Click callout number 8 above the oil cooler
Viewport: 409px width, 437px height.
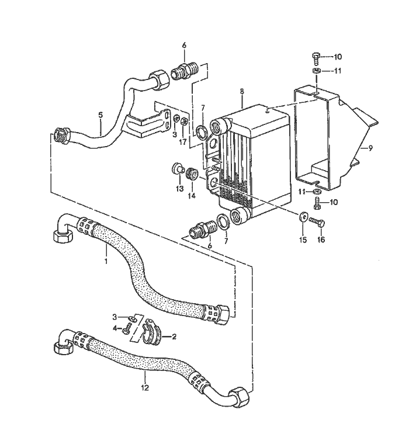pyautogui.click(x=241, y=92)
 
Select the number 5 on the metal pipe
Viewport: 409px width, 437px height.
pyautogui.click(x=100, y=115)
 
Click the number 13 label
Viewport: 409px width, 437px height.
pyautogui.click(x=179, y=188)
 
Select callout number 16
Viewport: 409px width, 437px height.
pyautogui.click(x=321, y=240)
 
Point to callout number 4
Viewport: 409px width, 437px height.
pyautogui.click(x=115, y=327)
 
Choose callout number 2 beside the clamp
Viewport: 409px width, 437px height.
pyautogui.click(x=173, y=337)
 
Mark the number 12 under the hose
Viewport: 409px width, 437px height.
pyautogui.click(x=145, y=387)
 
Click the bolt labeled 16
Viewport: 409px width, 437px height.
pyautogui.click(x=316, y=221)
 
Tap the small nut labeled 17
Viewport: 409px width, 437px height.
pyautogui.click(x=185, y=122)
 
